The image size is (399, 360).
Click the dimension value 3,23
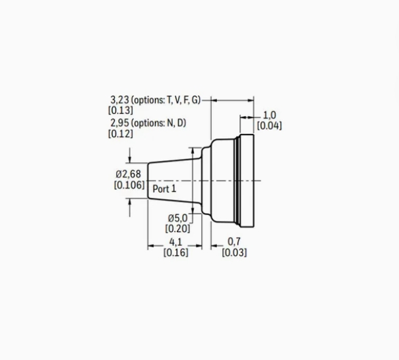click(x=119, y=100)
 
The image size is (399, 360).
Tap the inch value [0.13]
click(x=121, y=110)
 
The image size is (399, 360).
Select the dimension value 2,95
click(x=119, y=123)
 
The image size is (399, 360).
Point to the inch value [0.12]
click(x=121, y=134)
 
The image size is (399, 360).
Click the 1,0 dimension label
click(x=269, y=115)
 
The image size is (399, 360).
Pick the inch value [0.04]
click(x=269, y=126)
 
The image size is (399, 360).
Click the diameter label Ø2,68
click(x=128, y=174)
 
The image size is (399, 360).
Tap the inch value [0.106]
click(x=129, y=185)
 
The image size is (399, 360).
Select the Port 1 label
click(x=164, y=189)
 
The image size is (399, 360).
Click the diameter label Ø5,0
click(x=177, y=218)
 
